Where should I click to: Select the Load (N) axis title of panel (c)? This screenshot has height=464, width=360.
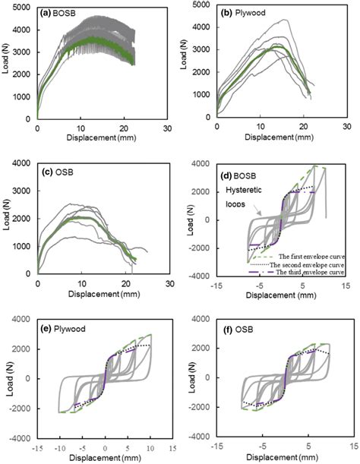point(7,219)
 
